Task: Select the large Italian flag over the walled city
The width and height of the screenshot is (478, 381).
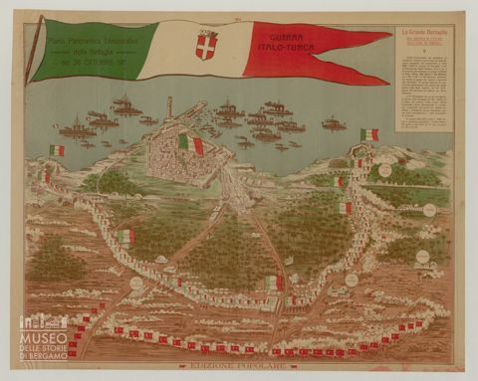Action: coord(190,144)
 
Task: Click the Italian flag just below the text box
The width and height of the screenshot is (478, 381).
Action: coord(369,134)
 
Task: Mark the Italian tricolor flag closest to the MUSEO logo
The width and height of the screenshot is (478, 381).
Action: coord(125,237)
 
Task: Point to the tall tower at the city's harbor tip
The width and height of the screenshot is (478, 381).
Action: coord(169,107)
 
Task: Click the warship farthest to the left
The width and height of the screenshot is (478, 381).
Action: coord(76,128)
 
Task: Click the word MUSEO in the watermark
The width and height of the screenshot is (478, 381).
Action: coord(42,339)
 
